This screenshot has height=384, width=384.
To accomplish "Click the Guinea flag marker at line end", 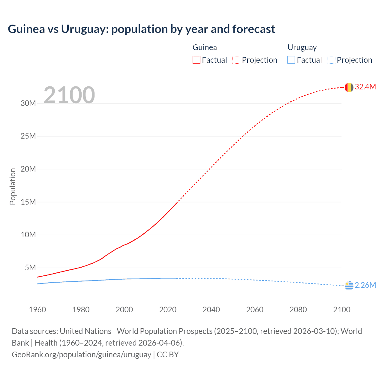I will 349,87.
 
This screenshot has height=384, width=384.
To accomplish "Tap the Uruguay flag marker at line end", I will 349,286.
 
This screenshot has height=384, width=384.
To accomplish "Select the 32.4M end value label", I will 365,87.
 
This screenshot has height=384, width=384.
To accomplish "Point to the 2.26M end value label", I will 365,285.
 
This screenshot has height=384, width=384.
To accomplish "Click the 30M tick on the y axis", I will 28,103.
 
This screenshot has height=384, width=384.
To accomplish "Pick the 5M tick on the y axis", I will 30,268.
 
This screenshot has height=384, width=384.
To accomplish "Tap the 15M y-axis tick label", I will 28,202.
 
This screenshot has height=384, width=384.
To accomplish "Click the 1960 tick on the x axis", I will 37,310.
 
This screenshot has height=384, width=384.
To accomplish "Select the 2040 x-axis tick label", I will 211,310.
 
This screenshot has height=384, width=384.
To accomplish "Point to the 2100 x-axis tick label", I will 341,310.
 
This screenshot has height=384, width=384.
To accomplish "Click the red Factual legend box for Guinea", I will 196,60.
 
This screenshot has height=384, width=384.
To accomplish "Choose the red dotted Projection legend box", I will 236,60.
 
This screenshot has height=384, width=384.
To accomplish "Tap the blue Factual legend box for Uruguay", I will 291,60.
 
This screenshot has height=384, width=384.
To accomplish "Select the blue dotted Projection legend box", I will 331,60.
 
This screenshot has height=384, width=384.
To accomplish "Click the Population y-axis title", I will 13,186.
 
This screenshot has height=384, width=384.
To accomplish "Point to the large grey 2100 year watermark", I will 69,95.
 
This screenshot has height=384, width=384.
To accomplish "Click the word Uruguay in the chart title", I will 85,29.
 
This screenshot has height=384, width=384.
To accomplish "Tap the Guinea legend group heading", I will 205,47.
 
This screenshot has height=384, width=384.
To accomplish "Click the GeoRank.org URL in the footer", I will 81,354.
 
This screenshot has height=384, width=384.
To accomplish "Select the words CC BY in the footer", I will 168,354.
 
